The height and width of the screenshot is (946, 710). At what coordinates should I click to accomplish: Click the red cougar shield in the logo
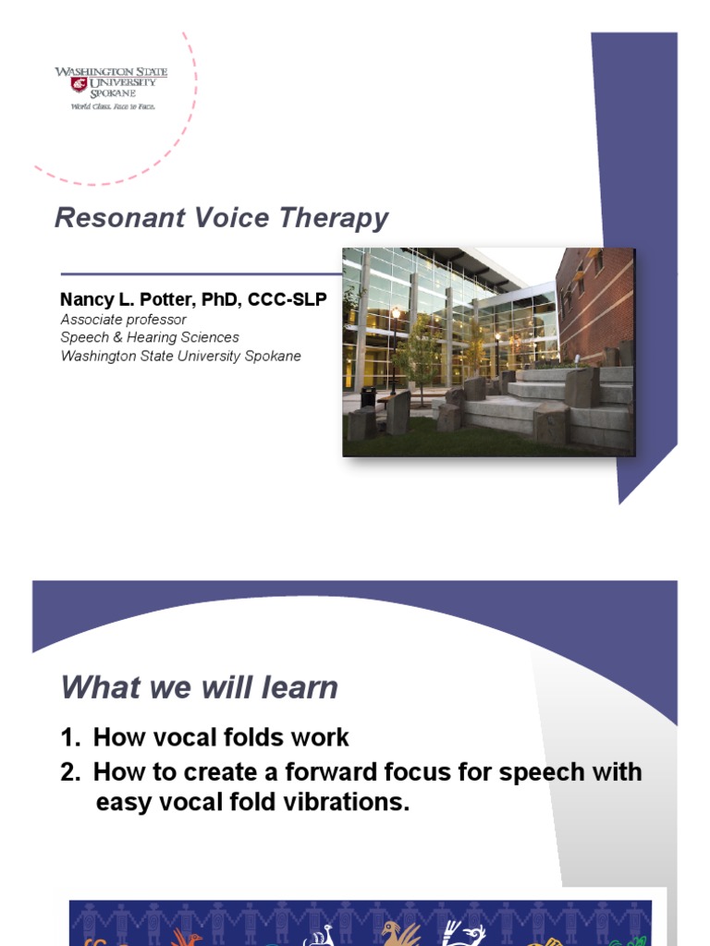[x=79, y=84]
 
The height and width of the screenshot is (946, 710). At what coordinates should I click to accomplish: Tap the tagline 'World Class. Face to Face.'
[x=113, y=106]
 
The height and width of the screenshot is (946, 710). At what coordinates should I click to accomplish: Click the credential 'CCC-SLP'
[x=288, y=300]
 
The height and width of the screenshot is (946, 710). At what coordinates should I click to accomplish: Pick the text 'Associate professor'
[x=123, y=320]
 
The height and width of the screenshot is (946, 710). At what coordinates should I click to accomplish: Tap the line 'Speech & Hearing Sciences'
[x=150, y=337]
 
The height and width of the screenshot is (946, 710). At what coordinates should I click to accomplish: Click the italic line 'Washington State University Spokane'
[x=180, y=356]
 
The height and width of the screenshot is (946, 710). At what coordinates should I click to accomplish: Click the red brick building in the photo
[x=597, y=305]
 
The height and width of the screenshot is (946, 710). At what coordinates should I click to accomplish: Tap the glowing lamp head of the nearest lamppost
[x=397, y=314]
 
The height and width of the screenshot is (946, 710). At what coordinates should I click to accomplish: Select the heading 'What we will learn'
[x=199, y=688]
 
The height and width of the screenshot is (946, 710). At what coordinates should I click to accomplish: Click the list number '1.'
[x=71, y=737]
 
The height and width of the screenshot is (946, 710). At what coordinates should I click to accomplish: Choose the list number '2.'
[x=71, y=771]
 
